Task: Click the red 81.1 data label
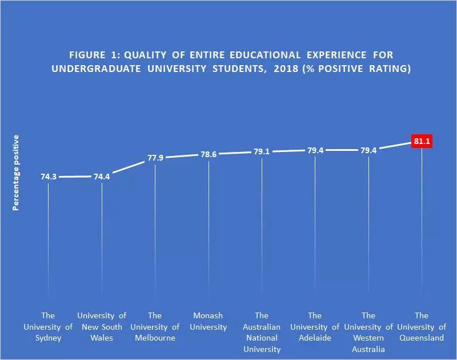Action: coord(422,141)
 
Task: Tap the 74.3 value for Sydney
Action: coord(49,177)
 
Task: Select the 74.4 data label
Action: coord(102,177)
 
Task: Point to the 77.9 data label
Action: coord(155,158)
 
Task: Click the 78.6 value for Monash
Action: coord(209,154)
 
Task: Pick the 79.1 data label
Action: coord(262,152)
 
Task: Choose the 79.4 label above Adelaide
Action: coord(315,150)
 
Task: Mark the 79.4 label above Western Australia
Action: coord(368,150)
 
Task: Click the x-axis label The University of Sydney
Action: coord(49,327)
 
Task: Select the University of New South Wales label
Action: coord(102,327)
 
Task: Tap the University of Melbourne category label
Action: coord(155,327)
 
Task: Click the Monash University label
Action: coord(209,321)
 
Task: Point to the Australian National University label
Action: coord(262,332)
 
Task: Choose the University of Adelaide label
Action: coord(315,327)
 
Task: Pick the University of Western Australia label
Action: coord(368,332)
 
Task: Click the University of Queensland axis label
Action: coord(422,327)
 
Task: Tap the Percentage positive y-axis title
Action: coord(17,173)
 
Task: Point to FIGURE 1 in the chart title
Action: coord(93,55)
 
